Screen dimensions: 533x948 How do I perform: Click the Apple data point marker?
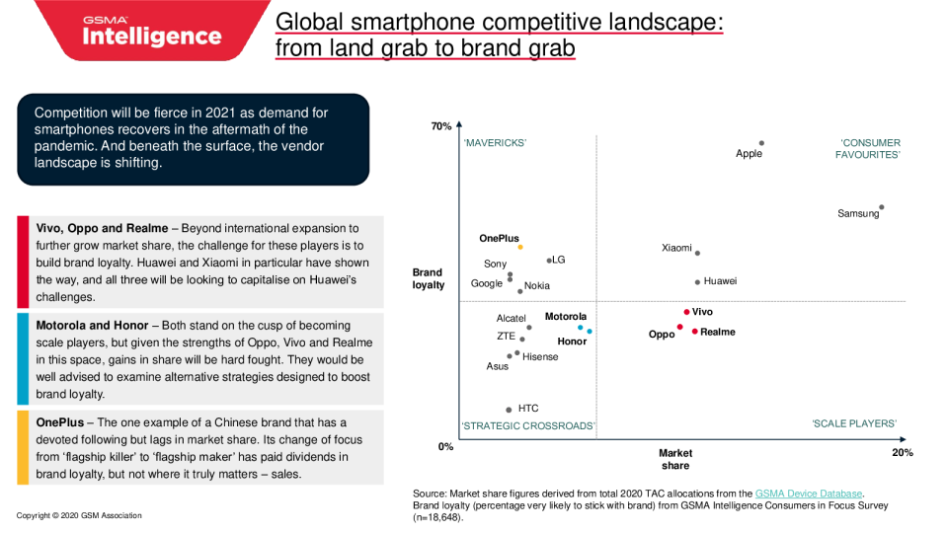[761, 143]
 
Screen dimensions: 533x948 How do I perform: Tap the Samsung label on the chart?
[857, 213]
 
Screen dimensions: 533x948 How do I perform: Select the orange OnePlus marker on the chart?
[520, 248]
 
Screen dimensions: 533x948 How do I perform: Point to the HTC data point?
[509, 409]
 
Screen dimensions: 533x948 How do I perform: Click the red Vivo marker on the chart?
[686, 312]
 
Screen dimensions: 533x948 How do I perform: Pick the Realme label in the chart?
[717, 332]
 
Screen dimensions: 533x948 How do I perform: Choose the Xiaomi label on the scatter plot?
[676, 248]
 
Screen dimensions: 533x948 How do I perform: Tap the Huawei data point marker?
[697, 281]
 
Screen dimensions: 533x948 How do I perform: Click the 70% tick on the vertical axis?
[440, 126]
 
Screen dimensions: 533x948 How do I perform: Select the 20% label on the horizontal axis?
[903, 452]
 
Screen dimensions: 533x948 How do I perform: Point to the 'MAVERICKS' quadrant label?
[495, 143]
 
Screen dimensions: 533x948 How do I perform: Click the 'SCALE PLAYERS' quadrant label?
[854, 423]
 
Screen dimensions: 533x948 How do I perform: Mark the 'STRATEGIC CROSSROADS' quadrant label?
[528, 426]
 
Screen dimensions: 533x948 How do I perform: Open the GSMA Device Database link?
[809, 493]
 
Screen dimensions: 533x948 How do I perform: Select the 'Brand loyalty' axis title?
[428, 278]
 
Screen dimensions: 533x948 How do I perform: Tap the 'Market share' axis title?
[675, 459]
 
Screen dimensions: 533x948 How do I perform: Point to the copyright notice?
[79, 515]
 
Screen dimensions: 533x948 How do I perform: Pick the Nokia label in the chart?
[537, 286]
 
